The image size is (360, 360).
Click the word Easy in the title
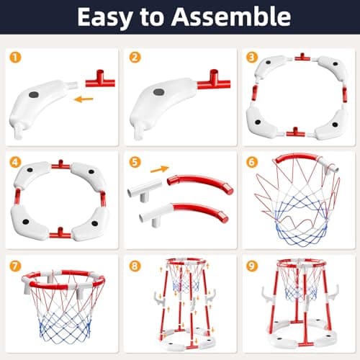click(104, 17)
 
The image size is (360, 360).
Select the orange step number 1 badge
click(15, 58)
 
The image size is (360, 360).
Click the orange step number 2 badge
click(135, 58)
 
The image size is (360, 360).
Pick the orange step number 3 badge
click(252, 58)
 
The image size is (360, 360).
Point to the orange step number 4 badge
click(15, 162)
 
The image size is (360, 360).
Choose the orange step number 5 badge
click(135, 162)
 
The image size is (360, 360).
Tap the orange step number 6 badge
click(252, 162)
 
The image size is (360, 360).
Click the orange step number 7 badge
click(15, 266)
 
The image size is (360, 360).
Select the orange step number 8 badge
click(135, 266)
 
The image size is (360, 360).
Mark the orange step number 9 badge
click(252, 266)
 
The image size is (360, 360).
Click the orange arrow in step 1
click(84, 99)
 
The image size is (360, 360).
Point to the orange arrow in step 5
click(160, 169)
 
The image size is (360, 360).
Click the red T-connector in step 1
click(101, 79)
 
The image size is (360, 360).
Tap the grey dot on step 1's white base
click(34, 94)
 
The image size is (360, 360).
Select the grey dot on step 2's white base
click(159, 92)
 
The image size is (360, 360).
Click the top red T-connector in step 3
click(302, 57)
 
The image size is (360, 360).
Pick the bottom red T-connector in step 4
click(60, 233)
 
